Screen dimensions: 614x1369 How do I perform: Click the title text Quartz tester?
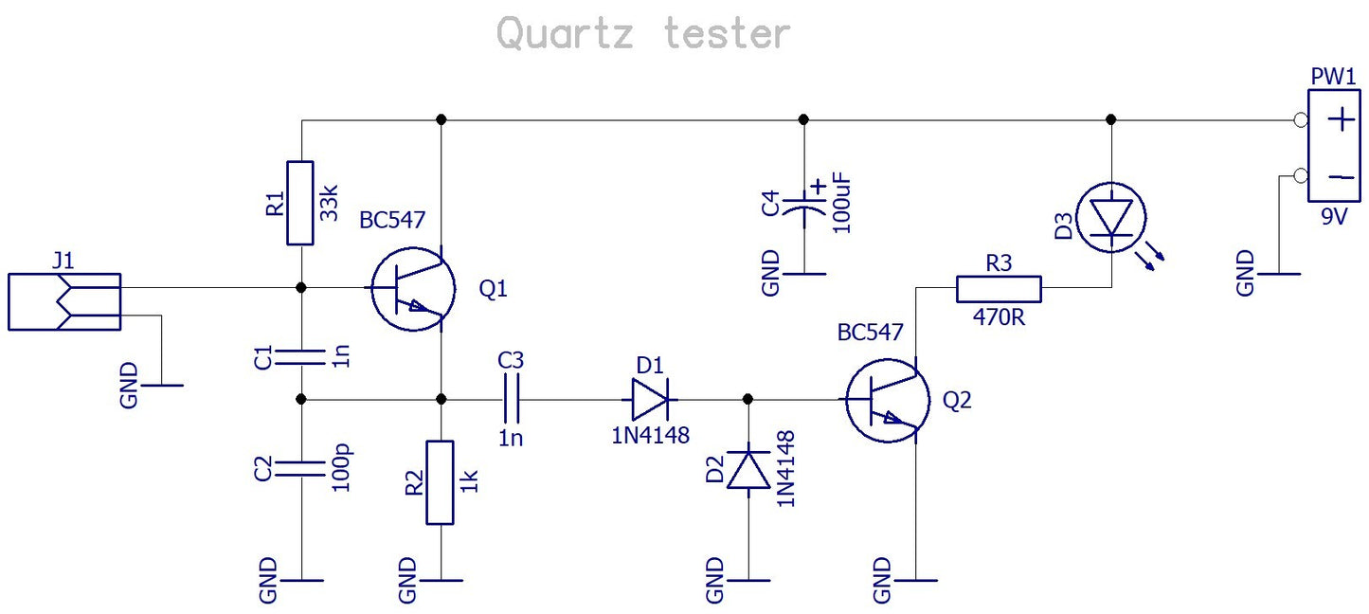(x=642, y=34)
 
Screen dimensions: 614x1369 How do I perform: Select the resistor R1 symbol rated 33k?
(x=300, y=203)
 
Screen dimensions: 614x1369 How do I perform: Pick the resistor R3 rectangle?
(x=999, y=288)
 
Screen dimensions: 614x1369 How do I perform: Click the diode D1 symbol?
(x=650, y=400)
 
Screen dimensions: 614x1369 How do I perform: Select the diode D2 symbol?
(x=748, y=468)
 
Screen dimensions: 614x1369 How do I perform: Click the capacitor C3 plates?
(x=511, y=400)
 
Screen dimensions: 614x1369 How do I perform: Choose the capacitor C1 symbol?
(x=300, y=356)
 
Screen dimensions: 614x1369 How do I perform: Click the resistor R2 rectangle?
(x=441, y=482)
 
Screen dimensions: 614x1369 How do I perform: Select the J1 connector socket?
(x=64, y=302)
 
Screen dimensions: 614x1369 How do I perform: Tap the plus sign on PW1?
(x=1340, y=120)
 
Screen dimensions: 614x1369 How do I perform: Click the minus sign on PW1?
(x=1340, y=176)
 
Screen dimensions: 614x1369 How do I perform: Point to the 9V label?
(x=1334, y=217)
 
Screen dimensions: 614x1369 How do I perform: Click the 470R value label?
(x=999, y=317)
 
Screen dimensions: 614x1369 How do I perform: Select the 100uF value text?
(x=843, y=204)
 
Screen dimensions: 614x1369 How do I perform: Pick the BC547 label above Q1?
(x=392, y=220)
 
